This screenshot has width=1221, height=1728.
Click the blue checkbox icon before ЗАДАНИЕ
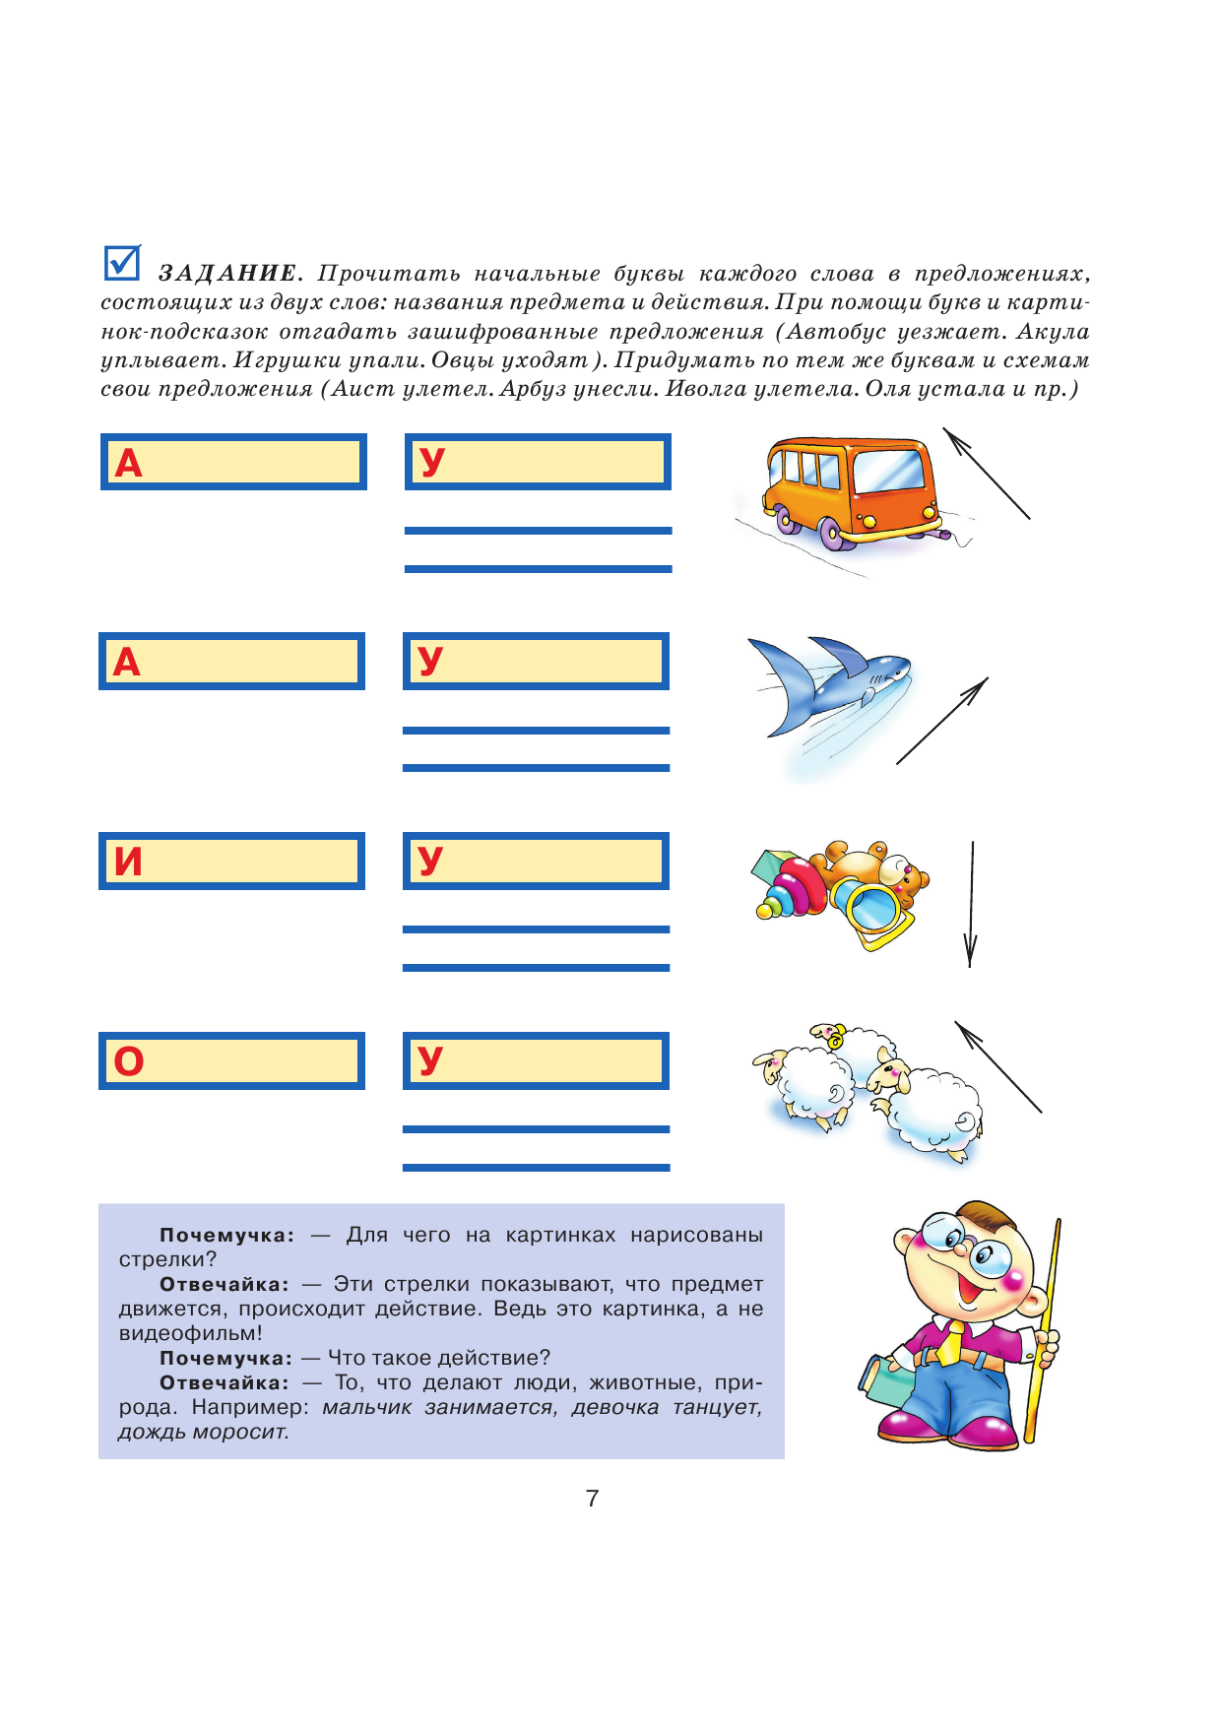pyautogui.click(x=122, y=262)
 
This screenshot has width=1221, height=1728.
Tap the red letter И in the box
pyautogui.click(x=128, y=862)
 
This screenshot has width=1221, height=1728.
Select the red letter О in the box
pyautogui.click(x=129, y=1061)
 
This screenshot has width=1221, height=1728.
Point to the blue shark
pyautogui.click(x=832, y=679)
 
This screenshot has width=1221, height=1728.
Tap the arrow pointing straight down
pyautogui.click(x=972, y=904)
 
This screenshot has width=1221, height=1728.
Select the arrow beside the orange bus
pyautogui.click(x=986, y=473)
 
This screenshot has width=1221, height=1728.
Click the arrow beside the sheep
pyautogui.click(x=997, y=1066)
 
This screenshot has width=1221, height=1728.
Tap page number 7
pyautogui.click(x=592, y=1499)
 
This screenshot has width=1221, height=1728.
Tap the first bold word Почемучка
pyautogui.click(x=226, y=1235)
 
